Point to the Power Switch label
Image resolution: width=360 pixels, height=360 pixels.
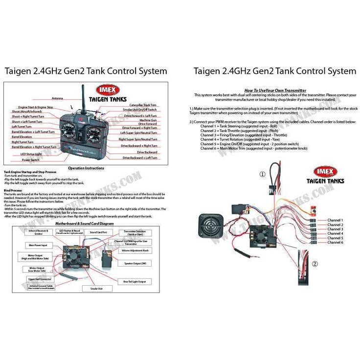tap(31, 159)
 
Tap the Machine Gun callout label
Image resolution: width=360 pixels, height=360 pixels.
tap(148, 120)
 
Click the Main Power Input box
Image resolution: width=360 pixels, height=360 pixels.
tap(38, 245)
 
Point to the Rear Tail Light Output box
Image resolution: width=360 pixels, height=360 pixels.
tap(135, 281)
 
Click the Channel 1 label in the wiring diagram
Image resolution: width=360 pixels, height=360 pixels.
tap(335, 220)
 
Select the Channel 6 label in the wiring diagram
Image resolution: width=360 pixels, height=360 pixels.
tap(335, 242)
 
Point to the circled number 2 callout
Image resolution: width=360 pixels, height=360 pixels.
tap(315, 263)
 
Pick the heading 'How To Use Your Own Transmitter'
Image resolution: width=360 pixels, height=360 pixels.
tap(275, 90)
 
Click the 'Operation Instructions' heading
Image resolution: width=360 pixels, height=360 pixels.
tap(86, 168)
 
